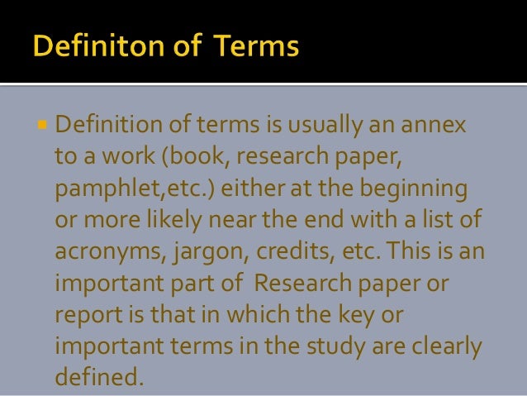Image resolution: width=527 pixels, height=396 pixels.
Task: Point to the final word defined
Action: click(99, 377)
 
